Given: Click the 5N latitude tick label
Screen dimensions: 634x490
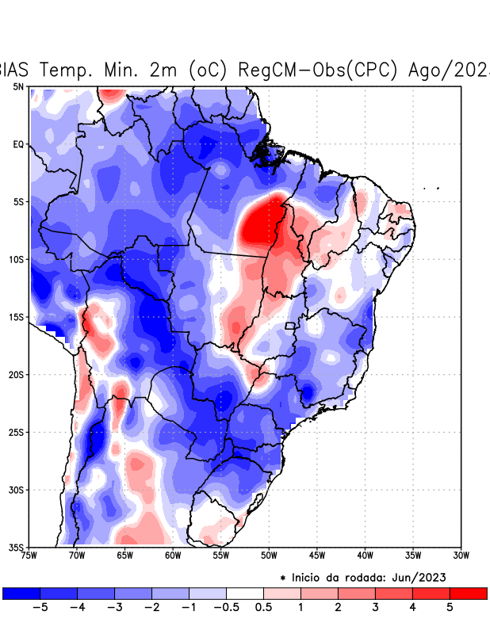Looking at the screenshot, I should tap(18, 86).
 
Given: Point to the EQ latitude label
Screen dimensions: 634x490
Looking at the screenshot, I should tap(18, 144).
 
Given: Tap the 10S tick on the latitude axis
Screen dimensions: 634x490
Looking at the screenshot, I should tap(17, 259).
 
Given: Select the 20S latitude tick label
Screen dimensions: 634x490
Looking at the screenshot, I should tap(17, 374).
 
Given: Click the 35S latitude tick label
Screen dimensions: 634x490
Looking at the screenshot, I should tap(17, 547).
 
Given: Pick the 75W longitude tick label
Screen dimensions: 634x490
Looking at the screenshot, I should tap(30, 555).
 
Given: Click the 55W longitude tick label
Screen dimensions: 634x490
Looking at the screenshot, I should tap(220, 555).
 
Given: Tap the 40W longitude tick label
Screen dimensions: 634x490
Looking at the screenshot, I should tap(365, 555).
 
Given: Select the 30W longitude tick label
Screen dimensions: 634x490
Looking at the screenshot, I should tap(461, 555).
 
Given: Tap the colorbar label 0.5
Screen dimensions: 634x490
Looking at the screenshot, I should tap(264, 608).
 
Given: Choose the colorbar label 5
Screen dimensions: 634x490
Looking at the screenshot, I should tap(450, 608).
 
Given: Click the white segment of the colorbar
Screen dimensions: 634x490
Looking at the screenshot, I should tap(245, 593).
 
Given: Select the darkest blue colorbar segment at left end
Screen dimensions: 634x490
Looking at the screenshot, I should tap(21, 593).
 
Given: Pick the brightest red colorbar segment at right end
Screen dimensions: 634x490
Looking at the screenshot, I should tap(468, 593).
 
